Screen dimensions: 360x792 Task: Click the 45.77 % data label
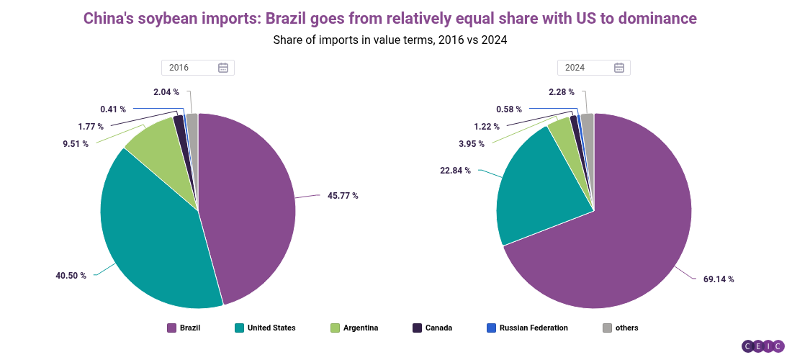tap(343, 195)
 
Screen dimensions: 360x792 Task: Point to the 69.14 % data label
tap(719, 279)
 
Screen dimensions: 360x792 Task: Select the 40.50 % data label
tap(71, 275)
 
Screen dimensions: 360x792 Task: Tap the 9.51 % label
tap(75, 143)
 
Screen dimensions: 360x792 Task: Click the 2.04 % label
tap(166, 91)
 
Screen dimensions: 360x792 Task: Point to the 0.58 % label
tap(509, 109)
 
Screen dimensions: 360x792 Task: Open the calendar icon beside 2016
tap(223, 68)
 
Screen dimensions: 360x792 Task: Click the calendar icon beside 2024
tap(619, 68)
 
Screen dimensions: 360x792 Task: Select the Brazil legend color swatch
tap(171, 328)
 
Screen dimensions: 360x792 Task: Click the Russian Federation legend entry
tap(534, 328)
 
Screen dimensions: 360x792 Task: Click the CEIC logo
tap(762, 346)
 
